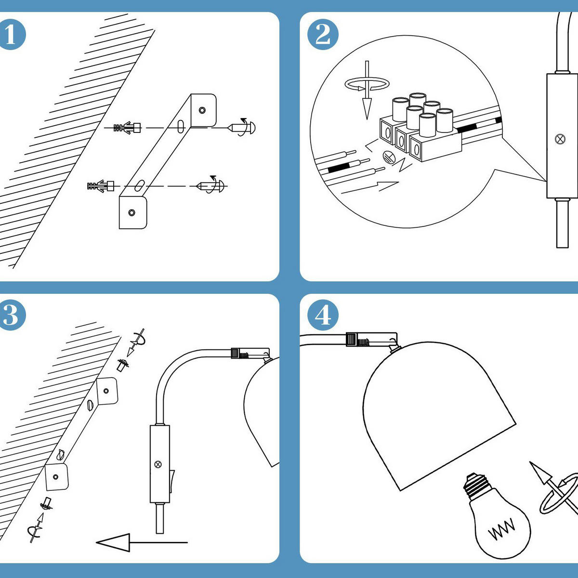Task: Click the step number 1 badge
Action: tap(11, 34)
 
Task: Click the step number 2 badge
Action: tap(322, 34)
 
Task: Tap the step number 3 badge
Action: tap(11, 315)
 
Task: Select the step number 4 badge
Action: tap(322, 315)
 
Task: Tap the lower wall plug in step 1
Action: tap(101, 185)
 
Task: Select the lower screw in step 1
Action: tap(212, 185)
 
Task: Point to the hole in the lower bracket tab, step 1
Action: tap(131, 212)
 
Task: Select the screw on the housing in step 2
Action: tap(560, 139)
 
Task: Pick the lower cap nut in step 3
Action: tap(47, 504)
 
